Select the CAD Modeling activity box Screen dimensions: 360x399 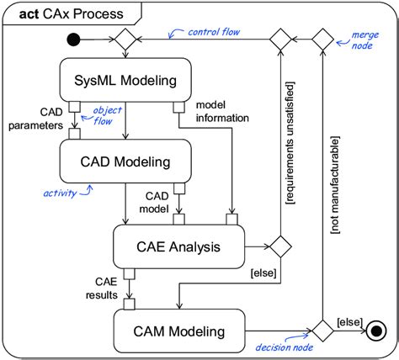(125, 161)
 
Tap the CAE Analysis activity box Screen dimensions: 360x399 (178, 247)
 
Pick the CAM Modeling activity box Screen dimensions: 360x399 (178, 331)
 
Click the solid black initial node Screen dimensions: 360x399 (75, 38)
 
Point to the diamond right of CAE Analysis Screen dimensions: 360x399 (279, 247)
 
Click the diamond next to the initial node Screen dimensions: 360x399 (125, 38)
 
